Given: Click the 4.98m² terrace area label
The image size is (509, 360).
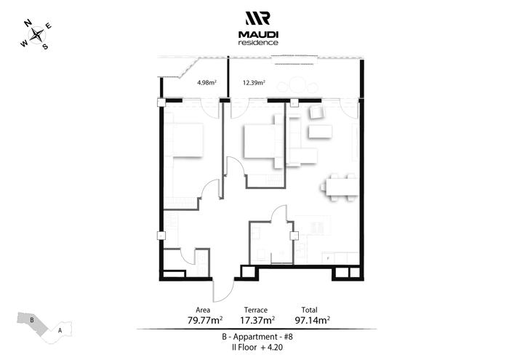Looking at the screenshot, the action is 207,82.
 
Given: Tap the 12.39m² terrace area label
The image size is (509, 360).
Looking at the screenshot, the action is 254,82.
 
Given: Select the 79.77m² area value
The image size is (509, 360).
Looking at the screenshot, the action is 205,321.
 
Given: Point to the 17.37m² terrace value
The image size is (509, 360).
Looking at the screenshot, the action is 257,321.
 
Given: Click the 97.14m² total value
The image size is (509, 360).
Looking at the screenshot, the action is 312,321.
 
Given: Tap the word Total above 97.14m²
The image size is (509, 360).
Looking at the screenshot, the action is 309,310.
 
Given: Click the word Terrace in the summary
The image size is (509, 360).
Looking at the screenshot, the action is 256,310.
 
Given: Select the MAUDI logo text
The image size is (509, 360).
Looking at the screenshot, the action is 258,34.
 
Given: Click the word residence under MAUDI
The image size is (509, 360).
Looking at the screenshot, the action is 258,42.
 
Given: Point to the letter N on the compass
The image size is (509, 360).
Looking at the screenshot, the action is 28,23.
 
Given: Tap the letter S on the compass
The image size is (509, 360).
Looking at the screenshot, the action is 45,47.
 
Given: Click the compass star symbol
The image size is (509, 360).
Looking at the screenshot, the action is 36,35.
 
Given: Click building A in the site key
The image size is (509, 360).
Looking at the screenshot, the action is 60,331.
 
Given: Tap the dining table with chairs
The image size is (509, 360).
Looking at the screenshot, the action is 340,188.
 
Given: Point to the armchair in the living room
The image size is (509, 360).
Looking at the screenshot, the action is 316,112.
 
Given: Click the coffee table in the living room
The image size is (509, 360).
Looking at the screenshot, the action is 320,132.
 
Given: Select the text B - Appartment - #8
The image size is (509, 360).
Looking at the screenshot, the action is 257,337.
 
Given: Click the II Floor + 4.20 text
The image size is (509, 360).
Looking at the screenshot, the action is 257,348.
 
